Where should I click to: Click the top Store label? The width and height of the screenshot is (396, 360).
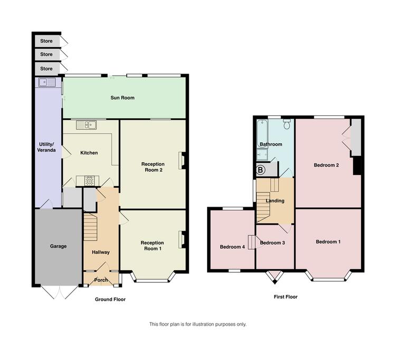coord(46,41)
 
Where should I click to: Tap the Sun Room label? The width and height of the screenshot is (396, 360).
coord(122,98)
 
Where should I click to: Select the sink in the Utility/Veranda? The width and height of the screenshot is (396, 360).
coord(46,82)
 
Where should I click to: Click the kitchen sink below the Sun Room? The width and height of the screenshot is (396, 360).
coord(86,125)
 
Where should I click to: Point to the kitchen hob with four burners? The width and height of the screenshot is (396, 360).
coord(89,180)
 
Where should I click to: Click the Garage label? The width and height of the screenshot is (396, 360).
coord(58,246)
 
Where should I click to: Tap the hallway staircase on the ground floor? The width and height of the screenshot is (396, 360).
coord(90,227)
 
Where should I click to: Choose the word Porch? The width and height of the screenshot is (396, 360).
coord(101,280)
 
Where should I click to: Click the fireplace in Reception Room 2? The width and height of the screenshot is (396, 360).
coord(182,160)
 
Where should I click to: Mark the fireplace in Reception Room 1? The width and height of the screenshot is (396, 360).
coord(182,239)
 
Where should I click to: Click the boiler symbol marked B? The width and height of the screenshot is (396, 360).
coord(260,170)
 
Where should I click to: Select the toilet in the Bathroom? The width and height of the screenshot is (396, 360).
coord(287,124)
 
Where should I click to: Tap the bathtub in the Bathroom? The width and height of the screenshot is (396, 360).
coord(262,133)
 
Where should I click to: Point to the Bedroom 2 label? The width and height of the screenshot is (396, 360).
coord(326,165)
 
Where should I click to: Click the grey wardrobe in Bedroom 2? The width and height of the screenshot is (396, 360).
coord(356,137)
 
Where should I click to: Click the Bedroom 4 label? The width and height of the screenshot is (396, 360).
coord(232,247)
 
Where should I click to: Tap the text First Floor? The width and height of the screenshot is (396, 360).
coord(286,297)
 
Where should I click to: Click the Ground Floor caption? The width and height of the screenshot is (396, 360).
coord(110,299)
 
